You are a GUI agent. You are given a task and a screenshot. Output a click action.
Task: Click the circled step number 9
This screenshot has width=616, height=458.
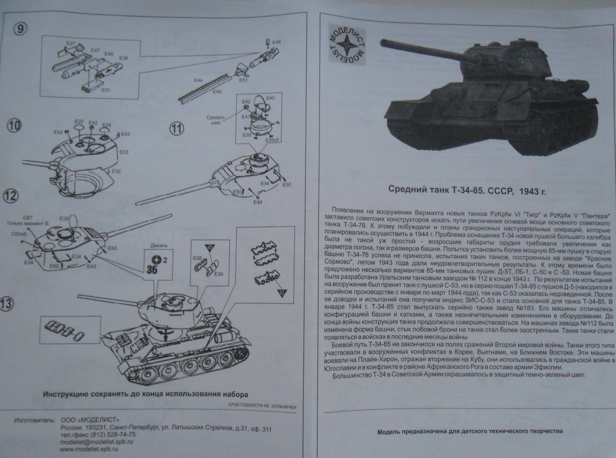pos(20,29)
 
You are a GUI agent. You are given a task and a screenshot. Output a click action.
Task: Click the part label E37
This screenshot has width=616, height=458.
pos(71,44)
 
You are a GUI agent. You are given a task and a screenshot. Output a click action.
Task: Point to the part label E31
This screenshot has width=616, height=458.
pos(106,90)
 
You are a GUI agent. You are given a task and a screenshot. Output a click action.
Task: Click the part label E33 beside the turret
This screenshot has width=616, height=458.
pos(123,152)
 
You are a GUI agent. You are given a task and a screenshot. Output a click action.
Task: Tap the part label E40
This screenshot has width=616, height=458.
pos(270,98)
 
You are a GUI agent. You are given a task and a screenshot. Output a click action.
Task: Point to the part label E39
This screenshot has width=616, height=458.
pos(218,274)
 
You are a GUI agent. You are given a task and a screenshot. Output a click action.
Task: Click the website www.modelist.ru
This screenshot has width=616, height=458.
pos(89,448)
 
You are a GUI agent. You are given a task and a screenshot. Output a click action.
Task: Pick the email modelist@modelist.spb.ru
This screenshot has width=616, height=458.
pos(96,441)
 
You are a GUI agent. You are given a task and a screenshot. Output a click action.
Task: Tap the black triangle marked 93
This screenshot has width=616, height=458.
pos(282,293)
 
